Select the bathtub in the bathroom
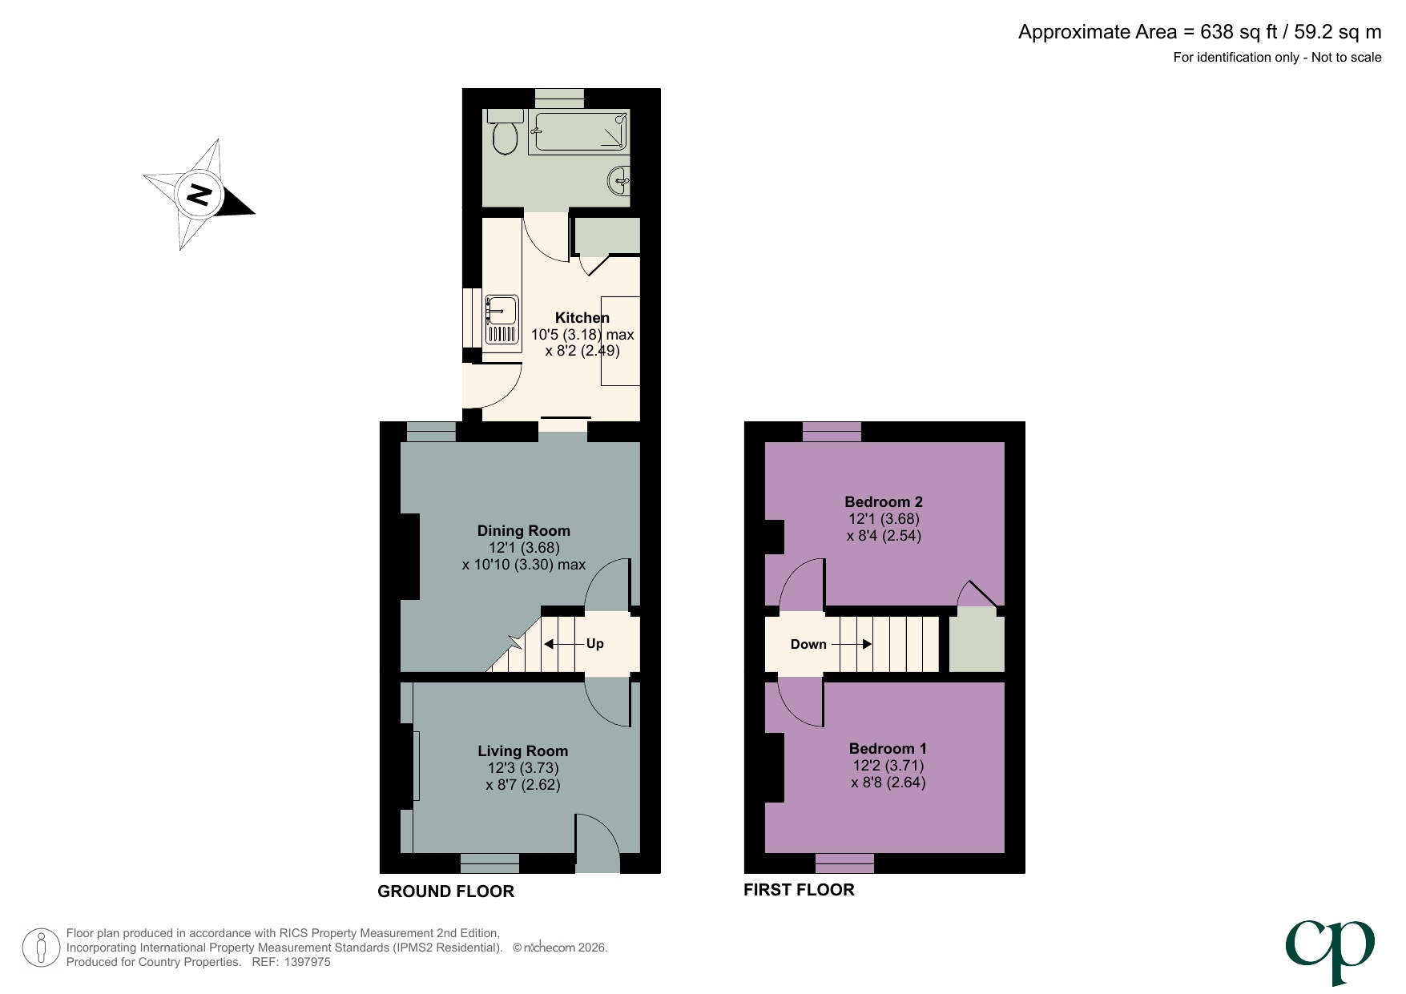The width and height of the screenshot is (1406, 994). pos(578,132)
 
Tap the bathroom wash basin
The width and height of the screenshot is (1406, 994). pos(620,180)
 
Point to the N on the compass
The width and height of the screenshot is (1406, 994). pos(199,195)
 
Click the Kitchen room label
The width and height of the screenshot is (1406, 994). pos(582,318)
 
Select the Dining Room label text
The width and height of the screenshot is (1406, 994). pos(523,531)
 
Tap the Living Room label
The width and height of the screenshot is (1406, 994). pos(522,751)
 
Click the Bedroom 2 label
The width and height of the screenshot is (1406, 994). pos(884,502)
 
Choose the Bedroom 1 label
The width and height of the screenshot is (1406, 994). pos(888,749)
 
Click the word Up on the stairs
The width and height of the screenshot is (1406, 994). pos(594,644)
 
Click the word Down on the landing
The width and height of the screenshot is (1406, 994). pos(808,645)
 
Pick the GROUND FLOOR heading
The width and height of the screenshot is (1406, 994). pos(445,891)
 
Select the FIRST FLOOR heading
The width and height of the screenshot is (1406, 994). pos(799,890)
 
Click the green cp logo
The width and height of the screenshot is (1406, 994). pos(1330,949)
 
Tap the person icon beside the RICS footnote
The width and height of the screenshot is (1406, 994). pos(40,948)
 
